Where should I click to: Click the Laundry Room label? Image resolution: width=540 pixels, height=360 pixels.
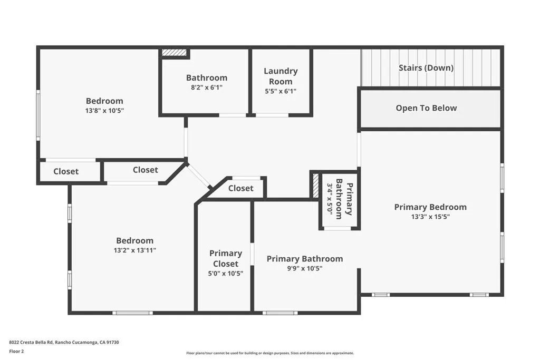click(x=281, y=76)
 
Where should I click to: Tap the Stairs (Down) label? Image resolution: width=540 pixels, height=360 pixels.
click(x=426, y=67)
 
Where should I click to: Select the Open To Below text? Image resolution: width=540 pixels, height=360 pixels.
click(x=426, y=108)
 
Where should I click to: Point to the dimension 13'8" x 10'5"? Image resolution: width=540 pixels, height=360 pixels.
click(x=104, y=111)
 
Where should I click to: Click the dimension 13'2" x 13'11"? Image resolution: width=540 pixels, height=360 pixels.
click(x=135, y=250)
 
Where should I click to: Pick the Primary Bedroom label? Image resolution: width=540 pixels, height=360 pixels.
click(x=430, y=207)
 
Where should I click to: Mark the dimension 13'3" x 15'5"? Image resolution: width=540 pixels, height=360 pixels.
click(x=430, y=216)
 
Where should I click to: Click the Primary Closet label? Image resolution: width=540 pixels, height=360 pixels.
click(x=226, y=258)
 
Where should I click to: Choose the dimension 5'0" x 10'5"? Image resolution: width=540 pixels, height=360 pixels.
click(x=226, y=273)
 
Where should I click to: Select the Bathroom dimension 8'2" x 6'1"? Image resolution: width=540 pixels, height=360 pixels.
click(x=207, y=88)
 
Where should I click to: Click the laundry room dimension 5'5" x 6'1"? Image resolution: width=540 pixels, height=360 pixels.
click(x=281, y=91)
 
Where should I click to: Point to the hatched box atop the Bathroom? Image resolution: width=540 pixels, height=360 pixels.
click(x=174, y=53)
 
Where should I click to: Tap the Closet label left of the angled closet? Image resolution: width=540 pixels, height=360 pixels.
click(x=66, y=171)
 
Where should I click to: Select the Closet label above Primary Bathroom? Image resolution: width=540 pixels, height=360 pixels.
click(x=240, y=188)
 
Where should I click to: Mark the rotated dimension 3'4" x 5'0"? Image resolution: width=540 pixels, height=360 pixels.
click(x=330, y=199)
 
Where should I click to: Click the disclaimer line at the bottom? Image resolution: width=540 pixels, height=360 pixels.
click(x=269, y=353)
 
